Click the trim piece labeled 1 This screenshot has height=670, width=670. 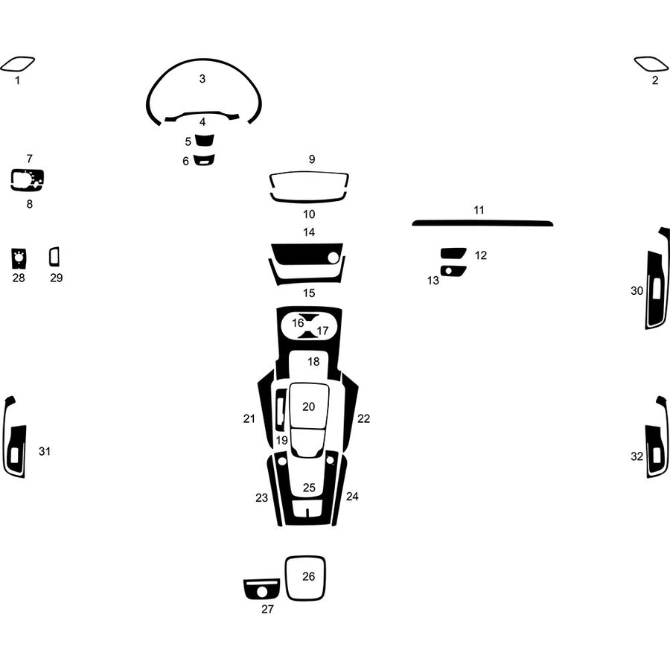tap(17, 64)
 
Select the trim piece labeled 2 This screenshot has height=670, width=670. tap(651, 64)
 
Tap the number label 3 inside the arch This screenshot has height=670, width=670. tap(202, 78)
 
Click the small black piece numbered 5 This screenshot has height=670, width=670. tap(203, 141)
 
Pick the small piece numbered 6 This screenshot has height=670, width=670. tap(203, 159)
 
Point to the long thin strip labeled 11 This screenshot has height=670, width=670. tap(482, 223)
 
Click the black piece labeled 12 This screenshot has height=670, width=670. tap(453, 253)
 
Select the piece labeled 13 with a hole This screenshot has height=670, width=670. tap(453, 270)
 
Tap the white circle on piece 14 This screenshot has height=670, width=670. tap(334, 258)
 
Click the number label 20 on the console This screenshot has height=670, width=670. tap(308, 406)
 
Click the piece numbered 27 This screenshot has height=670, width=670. tap(261, 590)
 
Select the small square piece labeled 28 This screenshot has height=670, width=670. tap(19, 258)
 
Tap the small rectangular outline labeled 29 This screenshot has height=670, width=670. tap(54, 257)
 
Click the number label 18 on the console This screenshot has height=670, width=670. tap(313, 362)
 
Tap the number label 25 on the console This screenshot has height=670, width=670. tap(309, 488)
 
